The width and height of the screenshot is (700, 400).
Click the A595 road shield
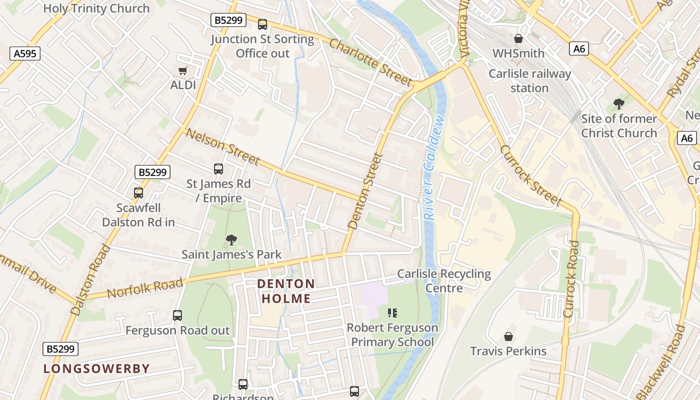[x=25, y=53]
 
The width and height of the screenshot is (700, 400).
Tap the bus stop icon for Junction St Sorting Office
[x=262, y=24]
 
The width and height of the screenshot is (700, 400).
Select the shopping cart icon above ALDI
[x=183, y=71]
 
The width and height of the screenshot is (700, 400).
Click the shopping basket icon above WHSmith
[x=518, y=38]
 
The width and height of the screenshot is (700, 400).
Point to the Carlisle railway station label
[x=529, y=81]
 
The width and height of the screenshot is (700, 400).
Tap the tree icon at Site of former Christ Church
[x=619, y=104]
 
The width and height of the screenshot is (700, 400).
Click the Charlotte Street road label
[x=370, y=62]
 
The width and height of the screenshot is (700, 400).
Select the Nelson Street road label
[x=222, y=146]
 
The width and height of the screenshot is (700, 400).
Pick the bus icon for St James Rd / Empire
[x=218, y=169]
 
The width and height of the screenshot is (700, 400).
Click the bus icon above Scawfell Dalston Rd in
[x=138, y=193]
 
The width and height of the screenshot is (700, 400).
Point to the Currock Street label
[x=530, y=175]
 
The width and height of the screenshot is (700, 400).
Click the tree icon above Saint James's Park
[x=231, y=240]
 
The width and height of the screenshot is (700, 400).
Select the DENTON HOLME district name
[x=286, y=291]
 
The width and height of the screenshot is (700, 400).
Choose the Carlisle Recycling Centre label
[x=444, y=281]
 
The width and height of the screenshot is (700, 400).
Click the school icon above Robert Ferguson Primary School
[x=392, y=313]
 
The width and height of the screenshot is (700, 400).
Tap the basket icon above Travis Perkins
[x=508, y=336]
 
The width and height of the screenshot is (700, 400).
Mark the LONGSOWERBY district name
[x=96, y=369]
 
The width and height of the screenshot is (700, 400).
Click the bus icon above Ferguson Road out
[x=177, y=315]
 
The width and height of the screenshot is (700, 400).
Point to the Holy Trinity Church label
[x=96, y=8]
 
